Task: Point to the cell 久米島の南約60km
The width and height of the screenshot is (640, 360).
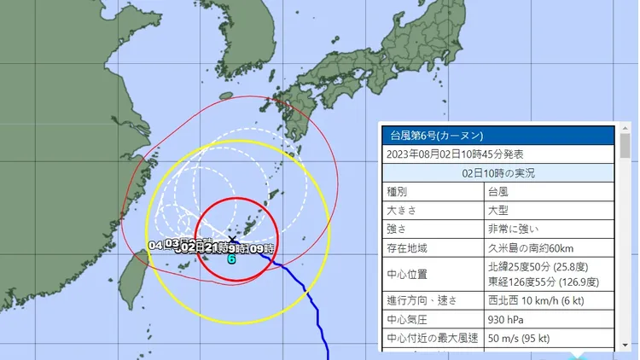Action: [x=530, y=248]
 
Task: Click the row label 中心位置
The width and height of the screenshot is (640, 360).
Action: [x=408, y=274]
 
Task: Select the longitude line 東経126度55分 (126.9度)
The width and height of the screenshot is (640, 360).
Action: [x=544, y=282]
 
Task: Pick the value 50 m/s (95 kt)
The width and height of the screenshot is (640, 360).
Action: [x=521, y=338]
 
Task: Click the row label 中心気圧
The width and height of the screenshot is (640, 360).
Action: [x=408, y=319]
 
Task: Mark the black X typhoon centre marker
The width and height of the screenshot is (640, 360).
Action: [x=232, y=241]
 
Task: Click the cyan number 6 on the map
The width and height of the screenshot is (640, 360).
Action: [x=231, y=258]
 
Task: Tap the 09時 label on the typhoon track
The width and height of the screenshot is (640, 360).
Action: [x=261, y=248]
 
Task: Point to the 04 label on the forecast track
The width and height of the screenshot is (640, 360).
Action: [x=155, y=245]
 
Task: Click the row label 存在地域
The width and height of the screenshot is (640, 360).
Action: [x=408, y=248]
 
